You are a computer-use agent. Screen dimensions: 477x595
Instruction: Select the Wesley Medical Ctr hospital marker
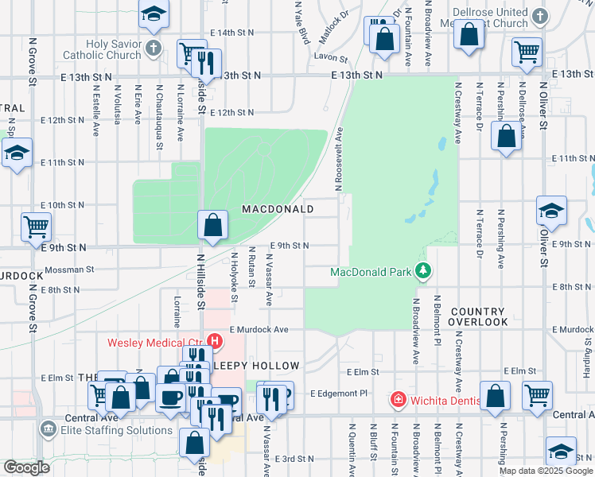click(x=216, y=342)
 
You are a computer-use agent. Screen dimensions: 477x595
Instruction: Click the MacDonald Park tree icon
click(x=424, y=272)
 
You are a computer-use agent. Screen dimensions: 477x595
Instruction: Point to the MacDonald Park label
click(x=370, y=273)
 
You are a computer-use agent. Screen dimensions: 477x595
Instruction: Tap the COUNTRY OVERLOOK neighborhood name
click(x=477, y=316)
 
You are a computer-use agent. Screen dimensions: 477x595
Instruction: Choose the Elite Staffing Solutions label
click(x=115, y=430)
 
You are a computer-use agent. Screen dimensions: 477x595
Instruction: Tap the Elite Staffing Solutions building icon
click(x=48, y=430)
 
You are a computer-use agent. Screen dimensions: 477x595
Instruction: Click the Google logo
click(x=26, y=467)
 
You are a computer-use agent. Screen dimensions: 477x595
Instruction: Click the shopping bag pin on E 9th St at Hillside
click(x=213, y=224)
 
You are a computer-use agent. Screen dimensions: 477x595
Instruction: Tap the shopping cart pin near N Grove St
click(x=36, y=227)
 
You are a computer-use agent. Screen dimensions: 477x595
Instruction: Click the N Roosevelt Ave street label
click(x=338, y=159)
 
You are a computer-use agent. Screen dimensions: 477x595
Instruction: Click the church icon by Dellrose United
click(x=539, y=16)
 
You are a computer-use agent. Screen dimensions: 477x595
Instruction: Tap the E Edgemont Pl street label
click(x=339, y=393)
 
